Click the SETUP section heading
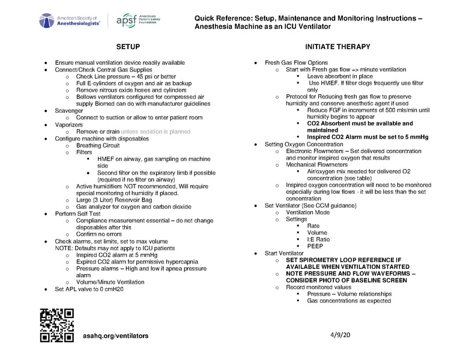pyautogui.click(x=129, y=47)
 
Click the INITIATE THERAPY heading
pyautogui.click(x=337, y=47)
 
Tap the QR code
pyautogui.click(x=56, y=325)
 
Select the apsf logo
pyautogui.click(x=140, y=20)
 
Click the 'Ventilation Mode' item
pyautogui.click(x=307, y=212)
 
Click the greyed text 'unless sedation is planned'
pyautogui.click(x=156, y=131)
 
